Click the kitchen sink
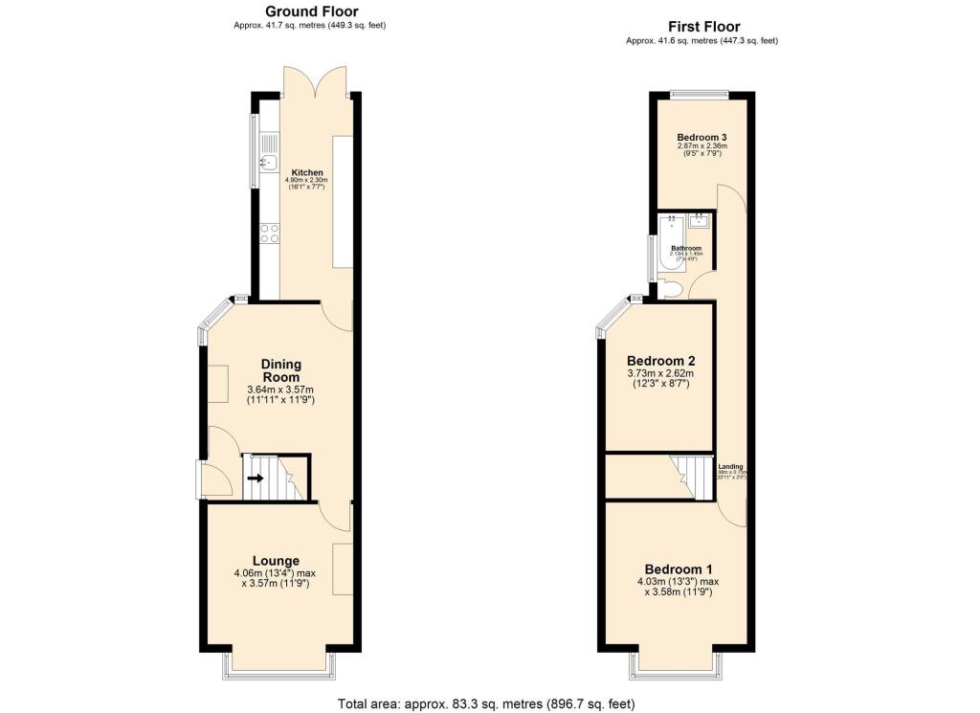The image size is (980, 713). [270, 162]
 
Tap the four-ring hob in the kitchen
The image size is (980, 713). [270, 232]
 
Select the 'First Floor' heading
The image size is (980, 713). [703, 27]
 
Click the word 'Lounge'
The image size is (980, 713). [276, 561]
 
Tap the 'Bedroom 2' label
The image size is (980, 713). [660, 361]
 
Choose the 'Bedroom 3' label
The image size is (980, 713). [702, 138]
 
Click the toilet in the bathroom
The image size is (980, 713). [669, 289]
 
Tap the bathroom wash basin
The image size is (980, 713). [700, 221]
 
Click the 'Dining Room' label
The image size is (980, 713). [281, 370]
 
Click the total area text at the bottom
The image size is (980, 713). [486, 703]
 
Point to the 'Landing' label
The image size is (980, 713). [731, 467]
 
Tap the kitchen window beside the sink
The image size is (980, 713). [254, 151]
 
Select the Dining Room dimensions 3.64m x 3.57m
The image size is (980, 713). [281, 390]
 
